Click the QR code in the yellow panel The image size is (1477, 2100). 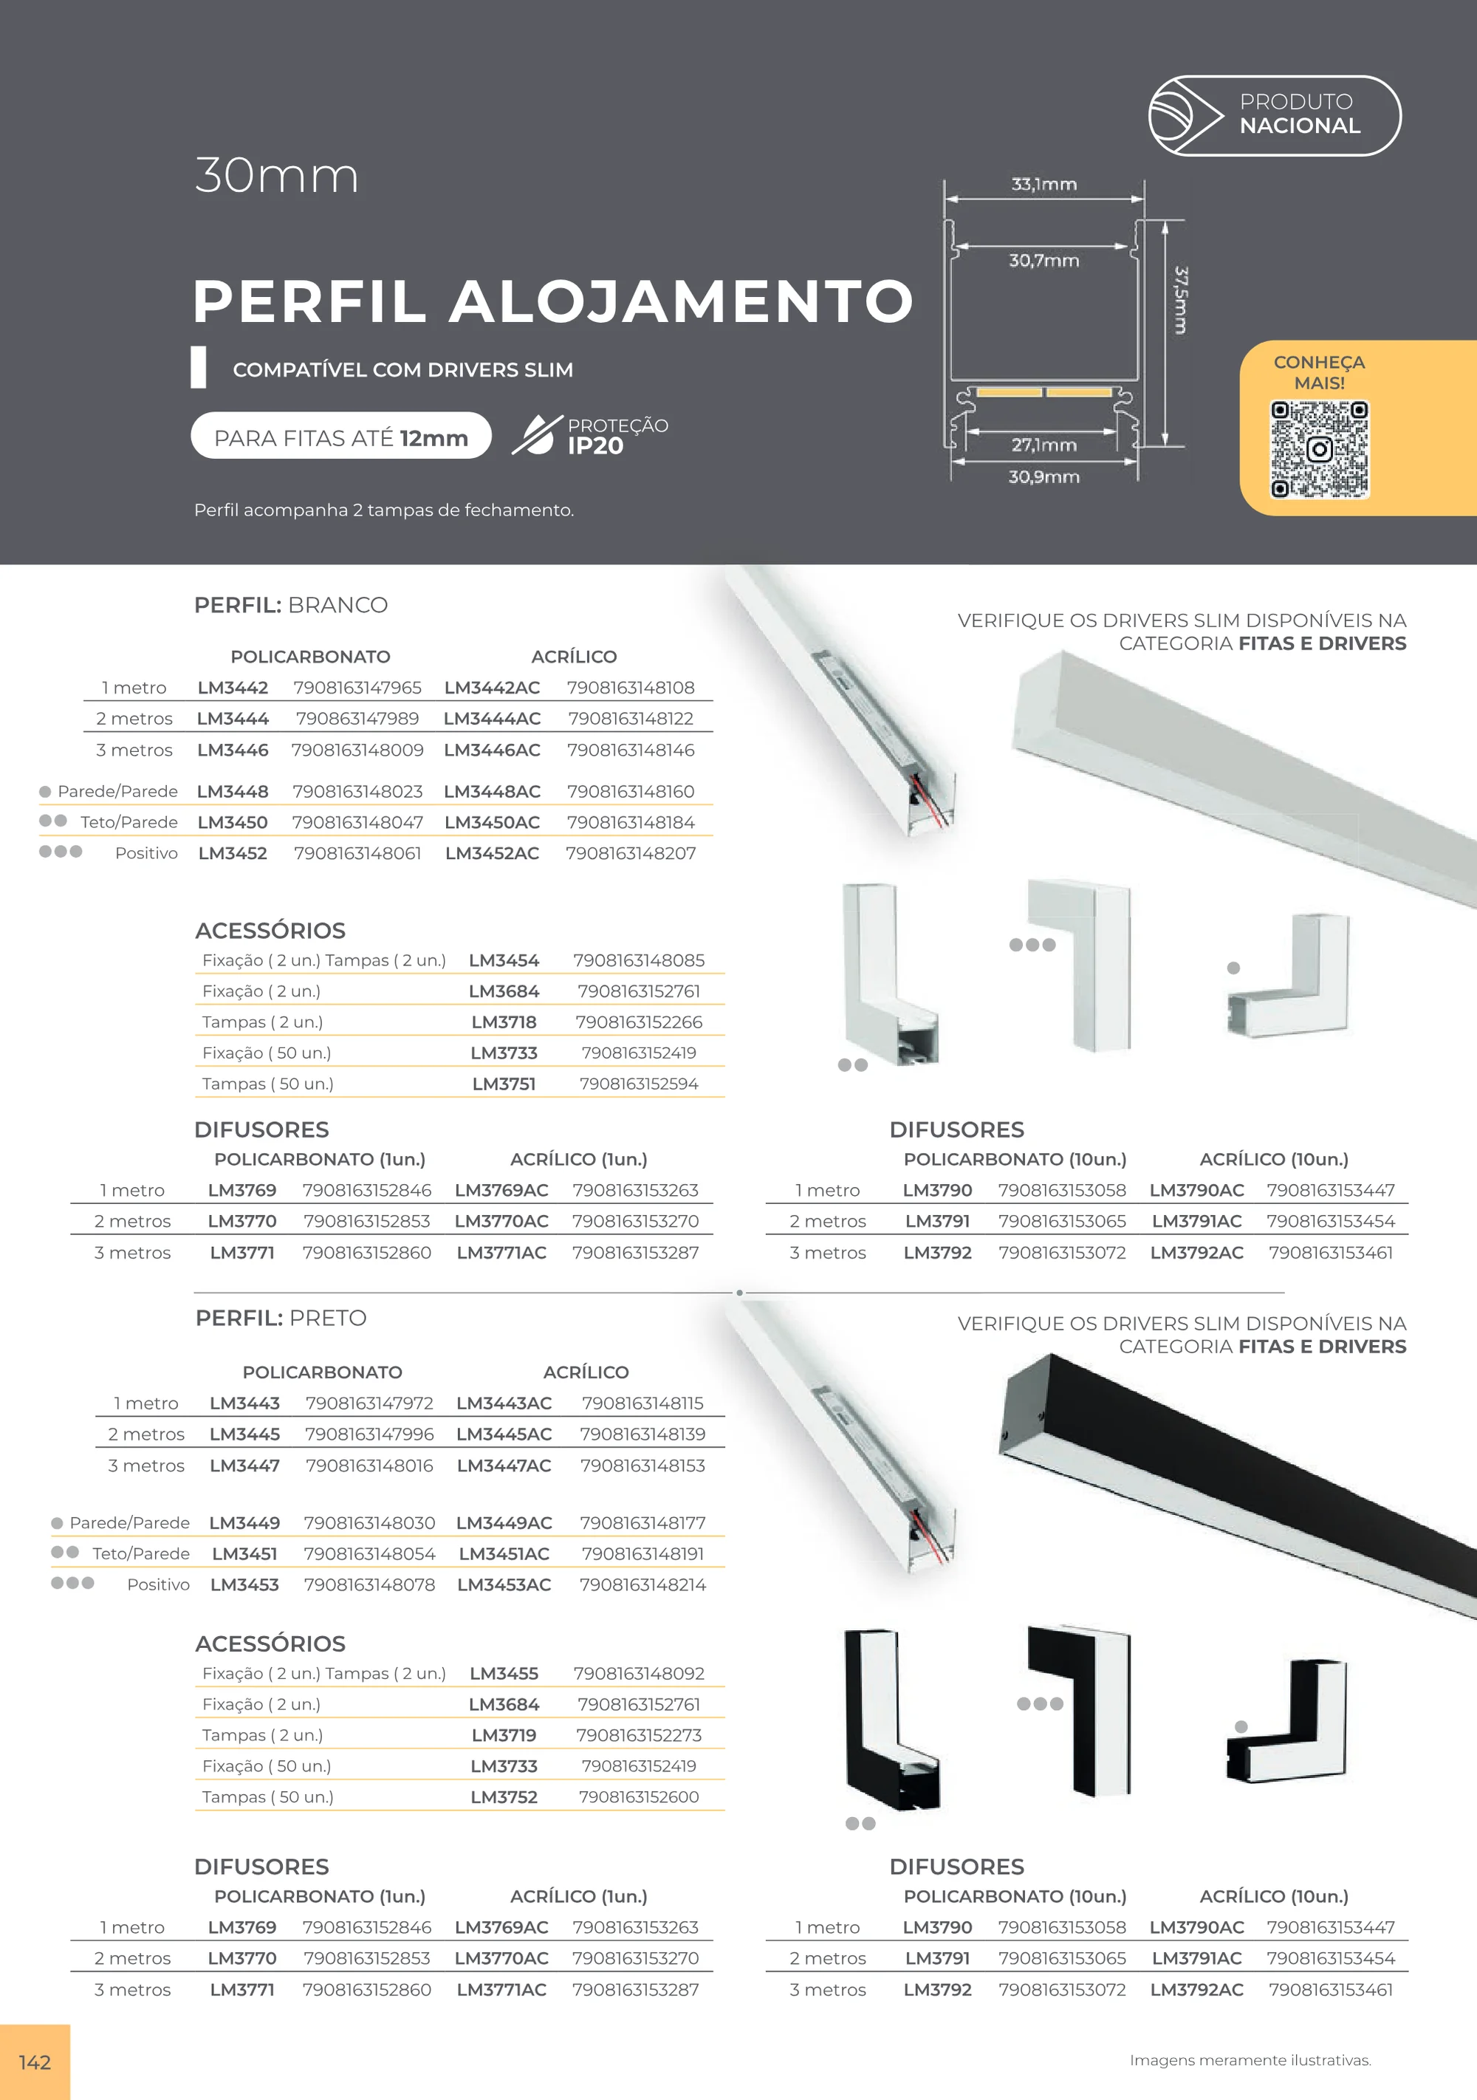click(x=1319, y=449)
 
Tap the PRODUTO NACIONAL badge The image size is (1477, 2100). click(x=1274, y=115)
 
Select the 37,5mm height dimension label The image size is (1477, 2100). click(x=1181, y=300)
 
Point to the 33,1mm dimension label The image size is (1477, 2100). click(x=1044, y=184)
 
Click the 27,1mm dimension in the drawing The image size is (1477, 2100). click(x=1044, y=445)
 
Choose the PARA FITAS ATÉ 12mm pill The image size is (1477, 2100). click(x=341, y=437)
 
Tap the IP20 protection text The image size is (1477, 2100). click(x=595, y=446)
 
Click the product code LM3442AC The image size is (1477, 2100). click(x=492, y=688)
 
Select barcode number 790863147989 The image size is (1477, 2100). click(x=357, y=719)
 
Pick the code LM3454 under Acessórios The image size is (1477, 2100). click(x=504, y=960)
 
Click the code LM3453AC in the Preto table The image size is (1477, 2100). click(x=504, y=1584)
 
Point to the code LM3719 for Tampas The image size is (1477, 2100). click(x=504, y=1735)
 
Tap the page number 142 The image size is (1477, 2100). click(x=35, y=2062)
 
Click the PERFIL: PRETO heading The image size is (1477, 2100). click(x=281, y=1318)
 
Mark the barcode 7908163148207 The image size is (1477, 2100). click(x=631, y=853)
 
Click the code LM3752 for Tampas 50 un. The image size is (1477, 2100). click(x=504, y=1796)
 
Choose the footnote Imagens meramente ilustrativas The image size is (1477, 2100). click(x=1250, y=2060)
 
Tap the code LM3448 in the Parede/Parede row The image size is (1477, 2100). click(x=233, y=791)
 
